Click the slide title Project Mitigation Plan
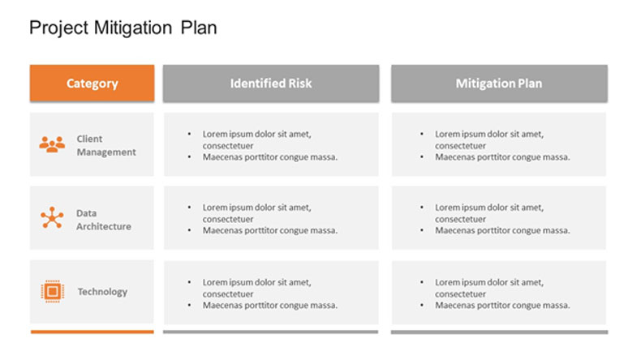[123, 28]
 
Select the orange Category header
[92, 83]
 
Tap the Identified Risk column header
[271, 83]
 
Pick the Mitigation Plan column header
[499, 83]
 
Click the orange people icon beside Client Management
[52, 144]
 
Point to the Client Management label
[106, 145]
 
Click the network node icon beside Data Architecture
[52, 217]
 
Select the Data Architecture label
[104, 220]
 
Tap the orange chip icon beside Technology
[52, 291]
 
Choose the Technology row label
[102, 292]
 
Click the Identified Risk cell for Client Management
[271, 144]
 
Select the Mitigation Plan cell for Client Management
[499, 144]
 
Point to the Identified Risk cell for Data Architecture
[271, 218]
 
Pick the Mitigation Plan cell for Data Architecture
[499, 218]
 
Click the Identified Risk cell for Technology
[271, 293]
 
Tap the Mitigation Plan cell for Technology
[499, 293]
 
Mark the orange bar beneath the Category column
[92, 332]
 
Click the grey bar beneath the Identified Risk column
[271, 332]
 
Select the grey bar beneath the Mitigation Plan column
[500, 332]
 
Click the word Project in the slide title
[59, 28]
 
